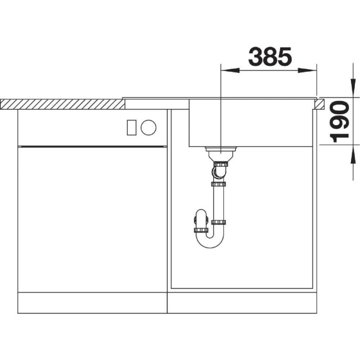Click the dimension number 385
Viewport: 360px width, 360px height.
[x=270, y=56]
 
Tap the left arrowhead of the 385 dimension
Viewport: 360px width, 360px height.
[x=230, y=71]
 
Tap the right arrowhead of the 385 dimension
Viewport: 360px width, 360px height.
[x=307, y=71]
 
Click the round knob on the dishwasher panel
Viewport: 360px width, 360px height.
[x=148, y=127]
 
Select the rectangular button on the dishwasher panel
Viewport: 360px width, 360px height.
[x=132, y=127]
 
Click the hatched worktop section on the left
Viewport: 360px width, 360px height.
[x=63, y=104]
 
